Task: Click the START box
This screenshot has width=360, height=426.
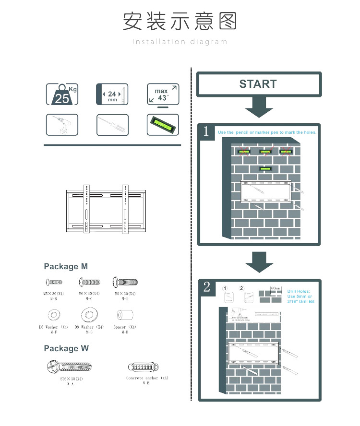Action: (x=258, y=84)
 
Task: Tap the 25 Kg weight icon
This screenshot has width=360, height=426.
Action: (x=62, y=94)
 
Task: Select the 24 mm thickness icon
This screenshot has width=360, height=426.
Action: (x=113, y=94)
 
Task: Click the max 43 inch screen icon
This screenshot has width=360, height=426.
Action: (x=163, y=95)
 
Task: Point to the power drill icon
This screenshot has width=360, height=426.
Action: (x=62, y=125)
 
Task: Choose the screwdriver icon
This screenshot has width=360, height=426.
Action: (x=113, y=125)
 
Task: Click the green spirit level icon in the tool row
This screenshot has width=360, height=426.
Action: (x=163, y=125)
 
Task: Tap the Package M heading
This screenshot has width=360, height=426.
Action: (x=66, y=266)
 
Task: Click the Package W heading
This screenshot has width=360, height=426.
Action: (x=66, y=348)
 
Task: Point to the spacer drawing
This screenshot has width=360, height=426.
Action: (x=124, y=315)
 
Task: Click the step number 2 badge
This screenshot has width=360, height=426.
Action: (x=206, y=287)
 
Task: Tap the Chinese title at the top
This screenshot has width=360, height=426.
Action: (x=180, y=22)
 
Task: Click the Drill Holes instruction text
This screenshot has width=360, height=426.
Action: (x=299, y=296)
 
